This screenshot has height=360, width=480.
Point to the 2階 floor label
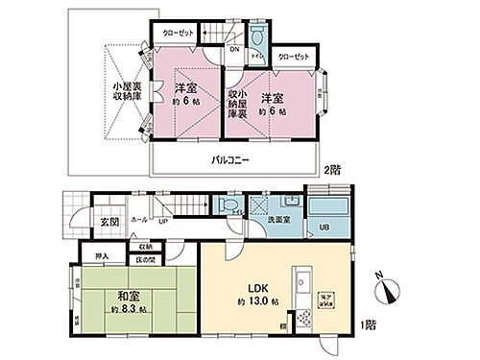(x=332, y=171)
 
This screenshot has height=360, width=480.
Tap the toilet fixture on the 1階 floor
(x=224, y=204)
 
